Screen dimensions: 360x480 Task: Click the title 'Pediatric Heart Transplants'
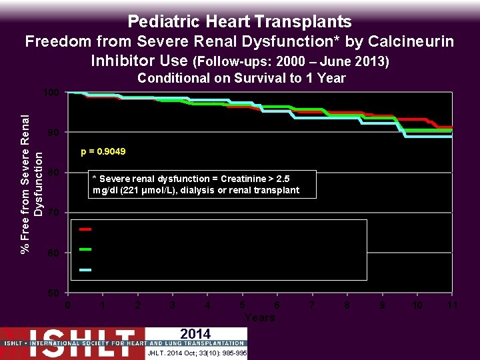pos(239,21)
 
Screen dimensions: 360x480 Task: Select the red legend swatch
pos(86,229)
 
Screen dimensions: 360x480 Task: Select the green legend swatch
pos(86,249)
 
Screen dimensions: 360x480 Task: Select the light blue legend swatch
pos(86,270)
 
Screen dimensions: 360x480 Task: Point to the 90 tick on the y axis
pos(54,133)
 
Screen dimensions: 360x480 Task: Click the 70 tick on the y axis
pos(54,213)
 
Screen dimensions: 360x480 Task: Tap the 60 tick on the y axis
pos(54,253)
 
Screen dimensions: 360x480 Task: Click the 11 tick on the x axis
pos(452,305)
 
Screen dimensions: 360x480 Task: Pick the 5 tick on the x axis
pos(243,305)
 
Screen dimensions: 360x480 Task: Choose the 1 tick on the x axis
pos(103,305)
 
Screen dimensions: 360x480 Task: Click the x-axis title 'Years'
pos(260,317)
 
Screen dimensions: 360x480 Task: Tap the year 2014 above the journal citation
pos(195,334)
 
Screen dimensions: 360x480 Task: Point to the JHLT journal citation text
pos(196,353)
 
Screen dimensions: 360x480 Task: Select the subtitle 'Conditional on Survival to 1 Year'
pos(241,79)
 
